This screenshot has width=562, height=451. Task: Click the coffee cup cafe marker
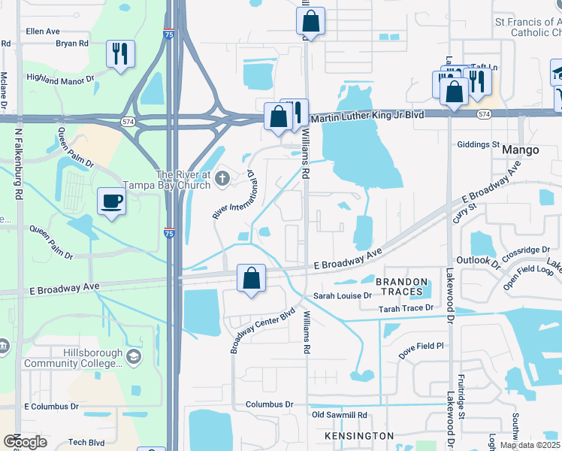pyautogui.click(x=112, y=201)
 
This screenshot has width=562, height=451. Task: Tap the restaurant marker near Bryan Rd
pyautogui.click(x=120, y=53)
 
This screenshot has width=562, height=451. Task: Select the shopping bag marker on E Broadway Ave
pyautogui.click(x=252, y=278)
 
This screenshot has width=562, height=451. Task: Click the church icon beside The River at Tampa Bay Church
pyautogui.click(x=222, y=179)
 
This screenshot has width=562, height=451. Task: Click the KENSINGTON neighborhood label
pyautogui.click(x=359, y=436)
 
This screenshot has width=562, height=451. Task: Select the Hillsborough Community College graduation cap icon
pyautogui.click(x=134, y=356)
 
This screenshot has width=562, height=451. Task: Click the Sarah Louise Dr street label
pyautogui.click(x=343, y=296)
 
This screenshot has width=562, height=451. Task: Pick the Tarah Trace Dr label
pyautogui.click(x=406, y=308)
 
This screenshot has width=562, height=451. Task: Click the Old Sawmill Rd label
pyautogui.click(x=339, y=415)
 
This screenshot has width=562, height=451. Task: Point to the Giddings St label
pyautogui.click(x=478, y=144)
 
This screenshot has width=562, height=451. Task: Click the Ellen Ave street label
pyautogui.click(x=43, y=32)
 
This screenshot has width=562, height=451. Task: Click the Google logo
pyautogui.click(x=25, y=441)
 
